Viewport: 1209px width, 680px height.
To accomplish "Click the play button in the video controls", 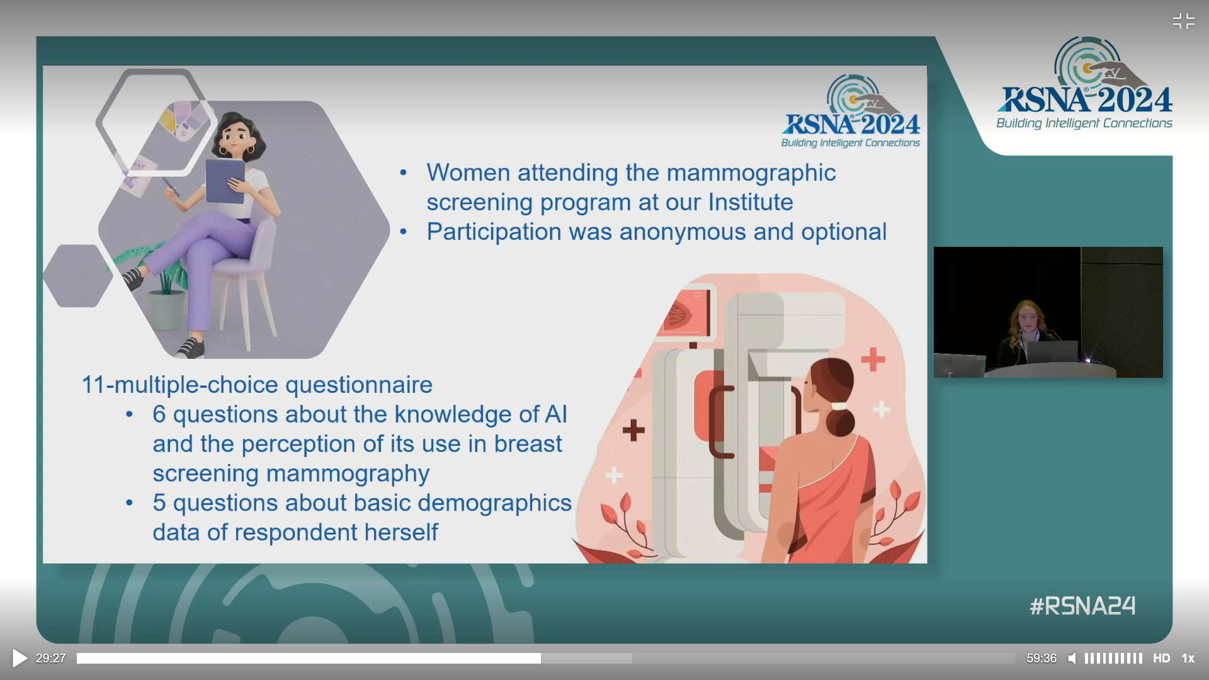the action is (20, 659).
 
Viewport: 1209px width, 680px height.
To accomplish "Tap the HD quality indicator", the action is (1161, 659).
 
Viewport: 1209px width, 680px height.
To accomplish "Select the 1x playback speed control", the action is (1188, 659).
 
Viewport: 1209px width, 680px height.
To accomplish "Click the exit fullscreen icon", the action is (1184, 21).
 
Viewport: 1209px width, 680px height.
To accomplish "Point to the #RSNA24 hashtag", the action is (1082, 606).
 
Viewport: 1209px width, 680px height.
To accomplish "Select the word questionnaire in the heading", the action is (359, 385).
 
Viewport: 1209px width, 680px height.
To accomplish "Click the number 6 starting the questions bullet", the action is (159, 414).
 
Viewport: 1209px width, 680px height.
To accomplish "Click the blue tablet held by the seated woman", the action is (225, 181).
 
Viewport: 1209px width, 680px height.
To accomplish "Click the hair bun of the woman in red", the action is (841, 422).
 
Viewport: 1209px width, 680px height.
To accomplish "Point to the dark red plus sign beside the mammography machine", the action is (633, 431).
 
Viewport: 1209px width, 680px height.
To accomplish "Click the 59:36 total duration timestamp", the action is (1042, 659).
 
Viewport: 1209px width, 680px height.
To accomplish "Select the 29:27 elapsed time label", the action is (51, 659).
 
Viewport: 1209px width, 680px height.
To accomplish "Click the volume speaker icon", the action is (1072, 659).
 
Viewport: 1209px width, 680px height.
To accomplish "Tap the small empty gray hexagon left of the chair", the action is (77, 276).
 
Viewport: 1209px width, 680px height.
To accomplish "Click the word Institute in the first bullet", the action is (751, 202).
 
